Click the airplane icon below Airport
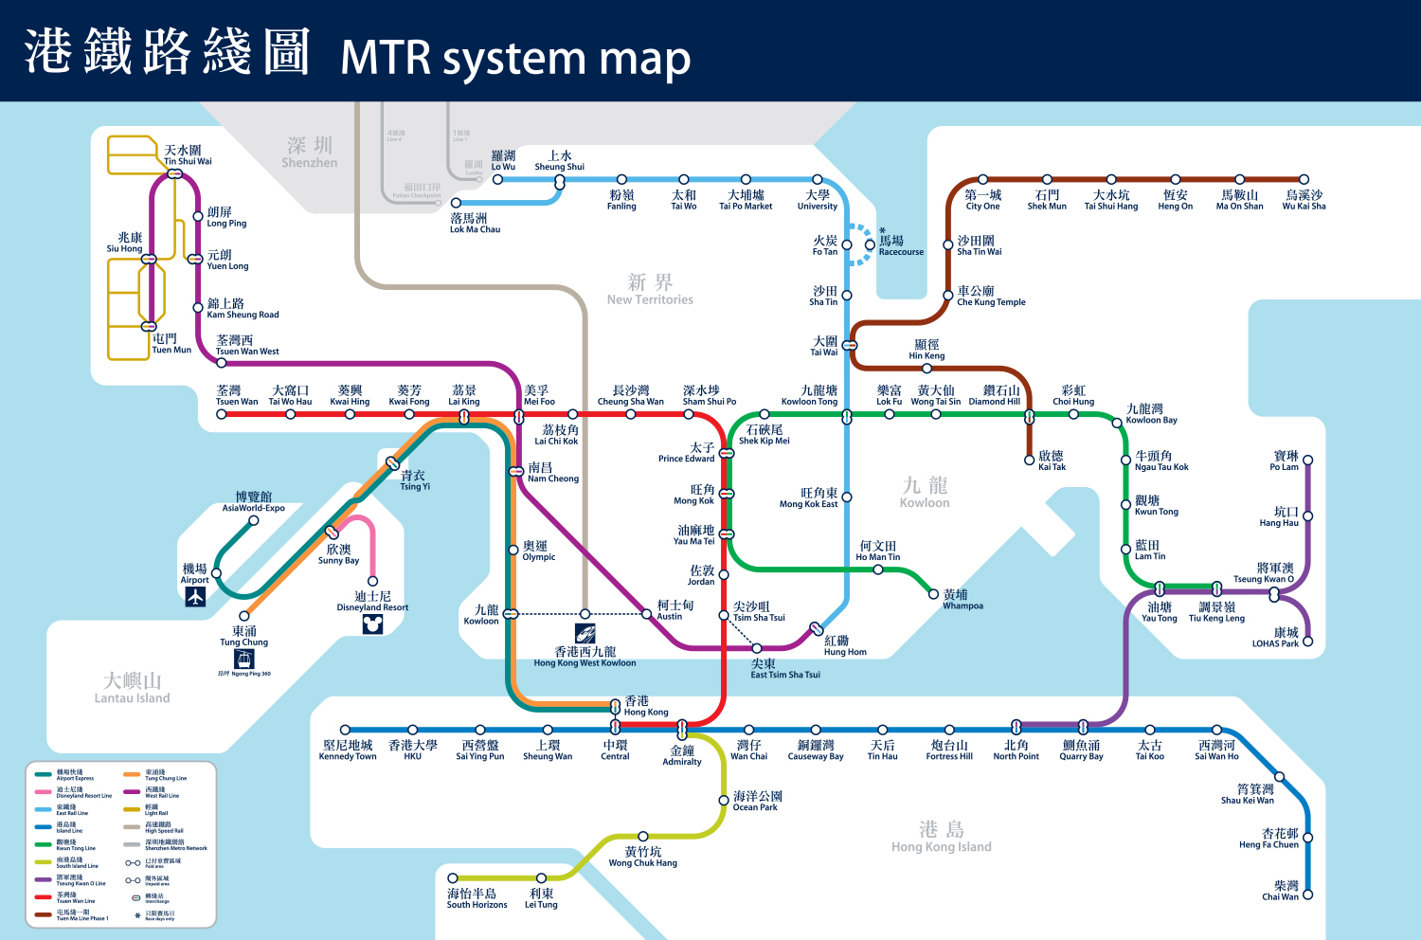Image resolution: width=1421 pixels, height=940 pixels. pyautogui.click(x=195, y=597)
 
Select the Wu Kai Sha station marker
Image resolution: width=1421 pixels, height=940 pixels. pyautogui.click(x=1304, y=179)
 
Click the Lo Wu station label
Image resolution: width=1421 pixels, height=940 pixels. pyautogui.click(x=503, y=161)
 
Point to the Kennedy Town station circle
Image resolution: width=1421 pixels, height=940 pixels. pyautogui.click(x=346, y=730)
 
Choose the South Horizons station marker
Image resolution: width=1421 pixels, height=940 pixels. pyautogui.click(x=453, y=878)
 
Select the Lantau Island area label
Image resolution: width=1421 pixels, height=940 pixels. pyautogui.click(x=132, y=688)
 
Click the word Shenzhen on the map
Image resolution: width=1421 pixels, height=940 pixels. pyautogui.click(x=309, y=162)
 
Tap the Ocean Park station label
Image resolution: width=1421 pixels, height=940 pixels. pyautogui.click(x=756, y=802)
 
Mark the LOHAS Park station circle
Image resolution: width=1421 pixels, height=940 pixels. pyautogui.click(x=1307, y=642)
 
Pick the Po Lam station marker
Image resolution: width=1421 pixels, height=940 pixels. pyautogui.click(x=1307, y=461)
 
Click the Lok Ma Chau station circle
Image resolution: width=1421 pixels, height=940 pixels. pyautogui.click(x=456, y=203)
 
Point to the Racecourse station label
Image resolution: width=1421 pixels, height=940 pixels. pyautogui.click(x=900, y=246)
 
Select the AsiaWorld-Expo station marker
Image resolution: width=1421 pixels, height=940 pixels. pyautogui.click(x=254, y=520)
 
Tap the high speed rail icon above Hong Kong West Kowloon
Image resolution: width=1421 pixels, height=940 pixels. pyautogui.click(x=585, y=633)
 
